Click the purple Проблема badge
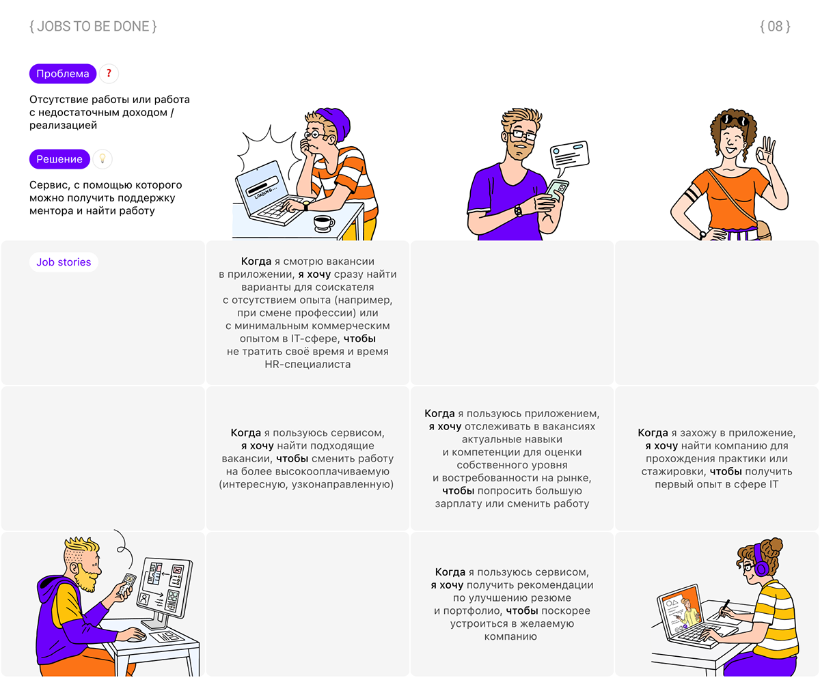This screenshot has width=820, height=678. tap(63, 74)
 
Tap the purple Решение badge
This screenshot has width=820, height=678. tap(59, 159)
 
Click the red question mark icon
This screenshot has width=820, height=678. tap(109, 74)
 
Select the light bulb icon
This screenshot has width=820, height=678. tap(102, 159)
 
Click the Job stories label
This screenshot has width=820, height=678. tap(64, 262)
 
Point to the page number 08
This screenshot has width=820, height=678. tap(775, 27)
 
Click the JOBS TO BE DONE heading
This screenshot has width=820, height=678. tap(93, 27)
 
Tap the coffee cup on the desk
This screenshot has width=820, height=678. tap(324, 224)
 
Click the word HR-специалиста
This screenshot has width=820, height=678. tap(307, 365)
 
